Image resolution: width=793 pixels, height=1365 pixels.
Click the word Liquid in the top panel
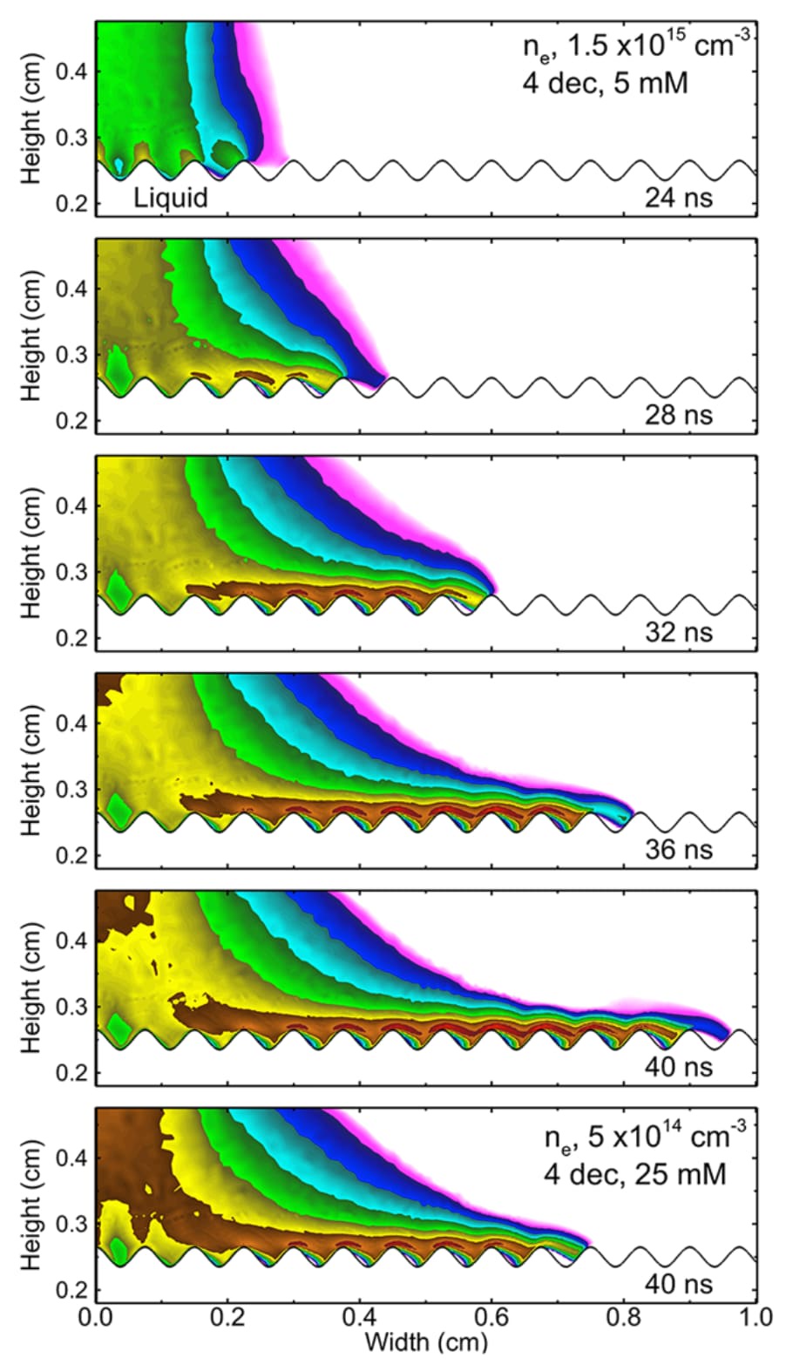click(x=171, y=199)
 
